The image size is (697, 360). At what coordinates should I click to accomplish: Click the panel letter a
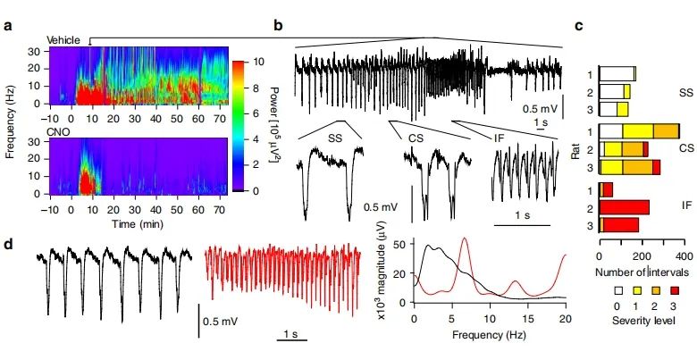coord(7,24)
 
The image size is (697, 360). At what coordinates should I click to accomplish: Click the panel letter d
coord(7,240)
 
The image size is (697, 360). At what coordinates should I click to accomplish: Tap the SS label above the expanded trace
coord(335,138)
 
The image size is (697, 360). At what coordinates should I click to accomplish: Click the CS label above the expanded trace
coord(416,138)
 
